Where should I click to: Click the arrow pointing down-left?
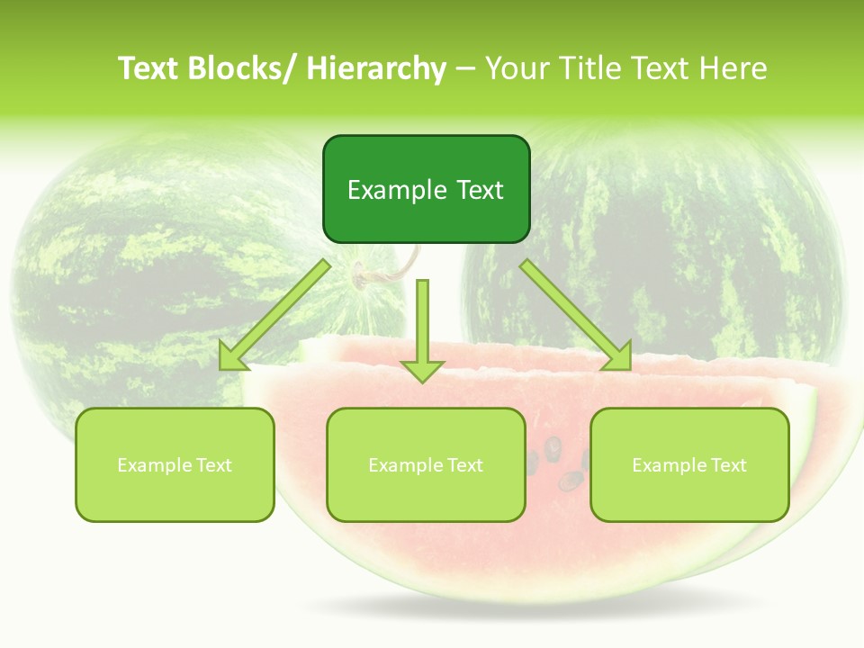tap(274, 316)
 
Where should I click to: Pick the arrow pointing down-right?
tap(576, 316)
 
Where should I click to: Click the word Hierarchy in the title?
tap(376, 68)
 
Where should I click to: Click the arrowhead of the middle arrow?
tap(423, 369)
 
